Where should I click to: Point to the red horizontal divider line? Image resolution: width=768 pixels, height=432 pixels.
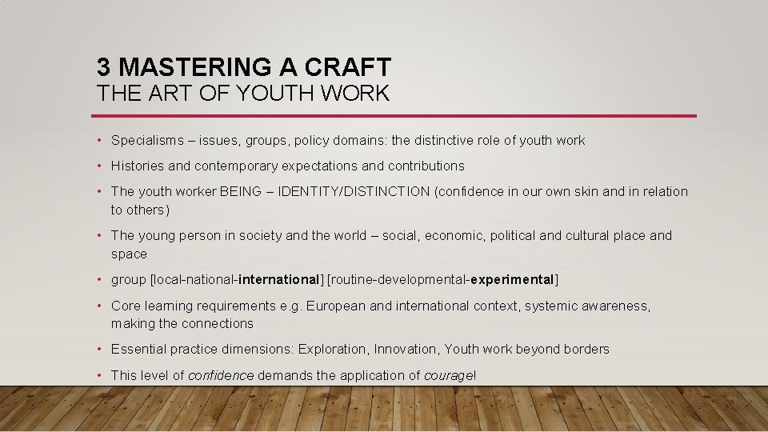tap(396, 116)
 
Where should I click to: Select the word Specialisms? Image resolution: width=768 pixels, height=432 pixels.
tap(146, 141)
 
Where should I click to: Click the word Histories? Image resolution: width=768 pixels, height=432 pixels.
tap(138, 166)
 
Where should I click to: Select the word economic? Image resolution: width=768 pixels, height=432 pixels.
tap(451, 236)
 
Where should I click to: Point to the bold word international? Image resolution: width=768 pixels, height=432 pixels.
tap(279, 280)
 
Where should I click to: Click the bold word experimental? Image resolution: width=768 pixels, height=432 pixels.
tap(513, 280)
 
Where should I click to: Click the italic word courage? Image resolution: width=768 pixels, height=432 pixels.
tap(448, 375)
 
